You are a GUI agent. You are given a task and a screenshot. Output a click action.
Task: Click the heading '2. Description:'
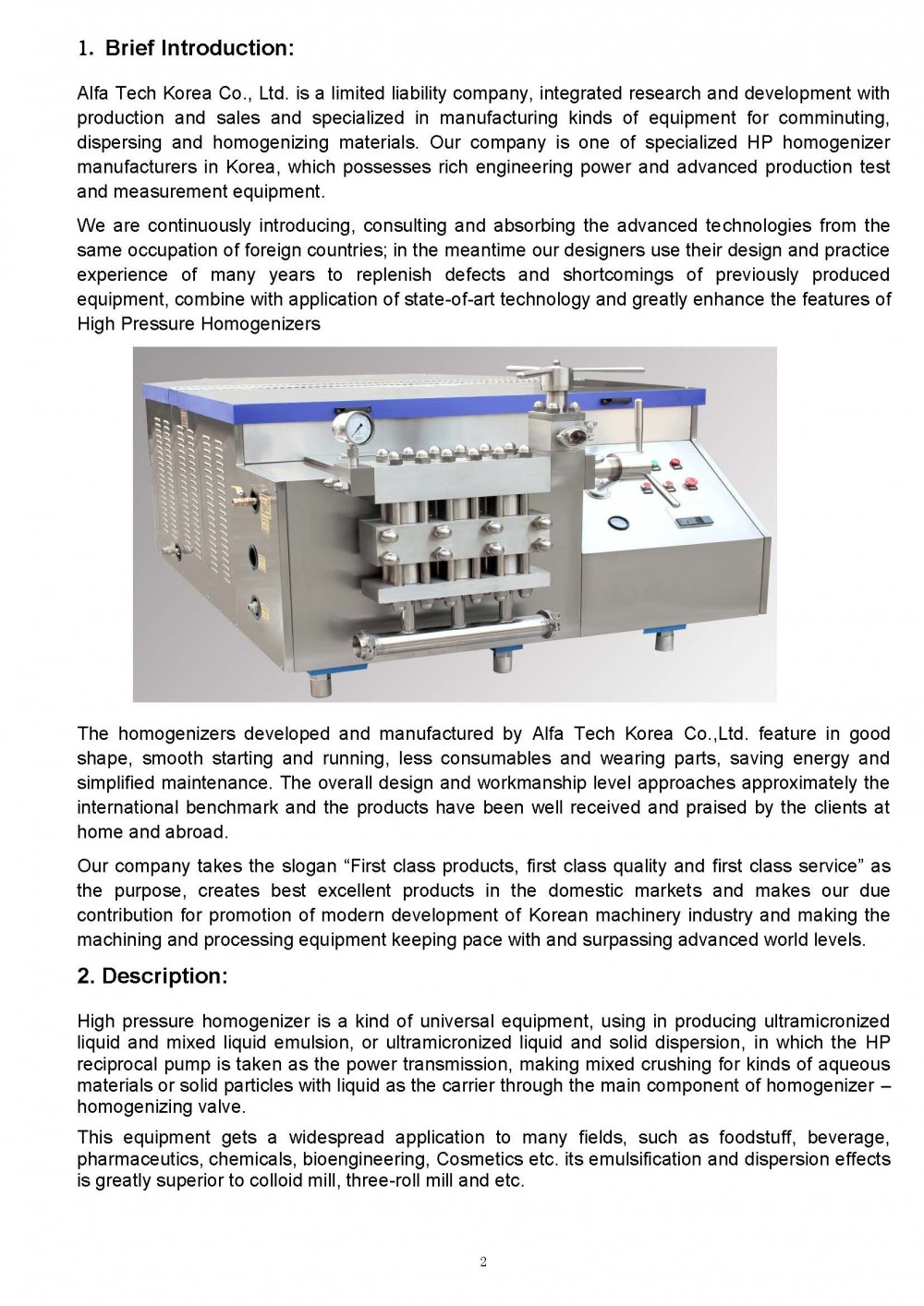pos(152,976)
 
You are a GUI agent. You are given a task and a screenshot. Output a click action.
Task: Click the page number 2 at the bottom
pos(482,1263)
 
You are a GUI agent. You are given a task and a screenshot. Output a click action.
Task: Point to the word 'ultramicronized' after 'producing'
pos(826,1021)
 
